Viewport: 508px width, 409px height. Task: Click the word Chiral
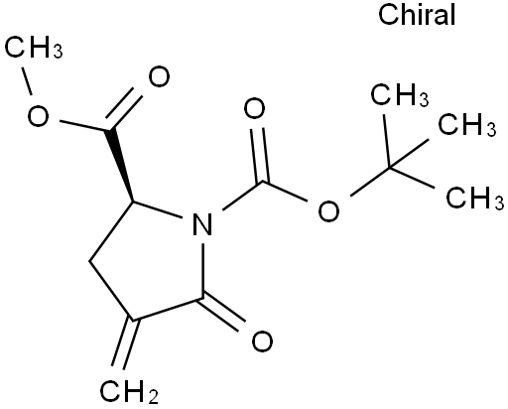click(x=417, y=14)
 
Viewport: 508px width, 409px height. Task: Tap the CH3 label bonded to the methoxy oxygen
click(x=34, y=47)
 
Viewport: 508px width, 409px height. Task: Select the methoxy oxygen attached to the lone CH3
click(x=38, y=116)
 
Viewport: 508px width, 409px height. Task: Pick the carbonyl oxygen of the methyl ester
click(x=159, y=76)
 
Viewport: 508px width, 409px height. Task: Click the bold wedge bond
click(x=121, y=166)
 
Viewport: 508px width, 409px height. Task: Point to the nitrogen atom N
click(x=202, y=224)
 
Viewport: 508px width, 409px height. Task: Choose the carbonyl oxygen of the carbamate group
click(x=254, y=108)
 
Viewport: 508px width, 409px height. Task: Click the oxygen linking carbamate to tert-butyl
click(x=328, y=210)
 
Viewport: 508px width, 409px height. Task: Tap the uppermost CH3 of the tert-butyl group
click(x=400, y=95)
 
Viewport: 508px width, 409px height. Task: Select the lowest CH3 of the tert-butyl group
click(x=475, y=198)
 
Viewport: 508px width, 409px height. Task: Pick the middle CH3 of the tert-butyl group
click(x=467, y=124)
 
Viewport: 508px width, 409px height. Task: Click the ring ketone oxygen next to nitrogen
click(x=263, y=341)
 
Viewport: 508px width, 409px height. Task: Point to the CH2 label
click(x=129, y=391)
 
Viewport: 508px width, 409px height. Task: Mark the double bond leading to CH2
click(x=125, y=344)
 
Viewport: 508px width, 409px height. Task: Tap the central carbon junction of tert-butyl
click(x=389, y=168)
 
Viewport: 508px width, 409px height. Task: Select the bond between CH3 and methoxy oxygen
click(x=27, y=80)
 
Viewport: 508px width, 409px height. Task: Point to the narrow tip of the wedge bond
click(x=133, y=202)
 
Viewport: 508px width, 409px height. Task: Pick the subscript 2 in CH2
click(x=153, y=397)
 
